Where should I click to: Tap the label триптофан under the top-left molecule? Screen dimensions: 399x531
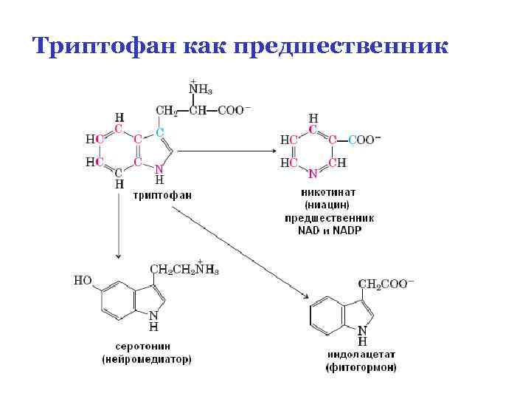click(x=162, y=196)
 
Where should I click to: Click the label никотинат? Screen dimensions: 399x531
click(x=330, y=191)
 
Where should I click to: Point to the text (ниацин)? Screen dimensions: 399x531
click(x=330, y=205)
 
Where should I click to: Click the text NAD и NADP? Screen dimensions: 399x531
click(x=330, y=231)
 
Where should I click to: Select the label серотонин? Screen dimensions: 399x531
click(x=146, y=346)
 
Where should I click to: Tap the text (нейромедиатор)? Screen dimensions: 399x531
click(x=146, y=359)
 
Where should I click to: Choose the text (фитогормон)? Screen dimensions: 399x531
click(x=361, y=367)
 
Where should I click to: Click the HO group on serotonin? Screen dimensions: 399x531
click(x=83, y=281)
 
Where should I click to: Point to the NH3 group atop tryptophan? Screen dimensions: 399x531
click(x=201, y=91)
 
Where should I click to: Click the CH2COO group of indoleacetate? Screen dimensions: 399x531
click(x=386, y=284)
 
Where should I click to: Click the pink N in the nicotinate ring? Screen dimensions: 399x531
click(x=313, y=175)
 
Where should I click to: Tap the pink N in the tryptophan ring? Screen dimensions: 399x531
click(x=159, y=168)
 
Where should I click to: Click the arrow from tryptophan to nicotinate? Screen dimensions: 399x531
click(x=224, y=152)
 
